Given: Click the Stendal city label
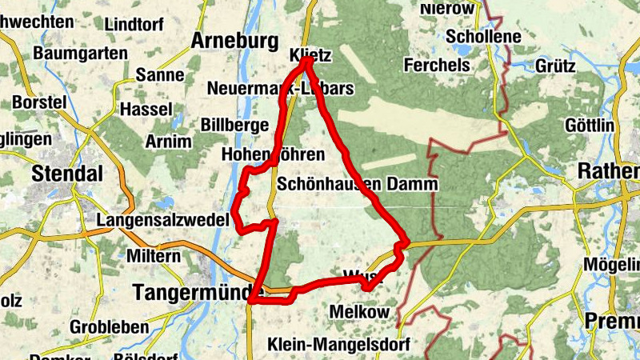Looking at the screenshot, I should point(67,173).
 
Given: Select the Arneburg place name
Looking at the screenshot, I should point(234,41).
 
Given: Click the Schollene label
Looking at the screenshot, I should point(484,37).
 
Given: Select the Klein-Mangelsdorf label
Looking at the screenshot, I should point(340,345).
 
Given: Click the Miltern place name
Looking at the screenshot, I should point(154,256).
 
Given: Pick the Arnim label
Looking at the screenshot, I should point(169,142).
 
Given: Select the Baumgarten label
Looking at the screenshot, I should point(80,54).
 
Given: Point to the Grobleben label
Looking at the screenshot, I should point(109,327).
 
